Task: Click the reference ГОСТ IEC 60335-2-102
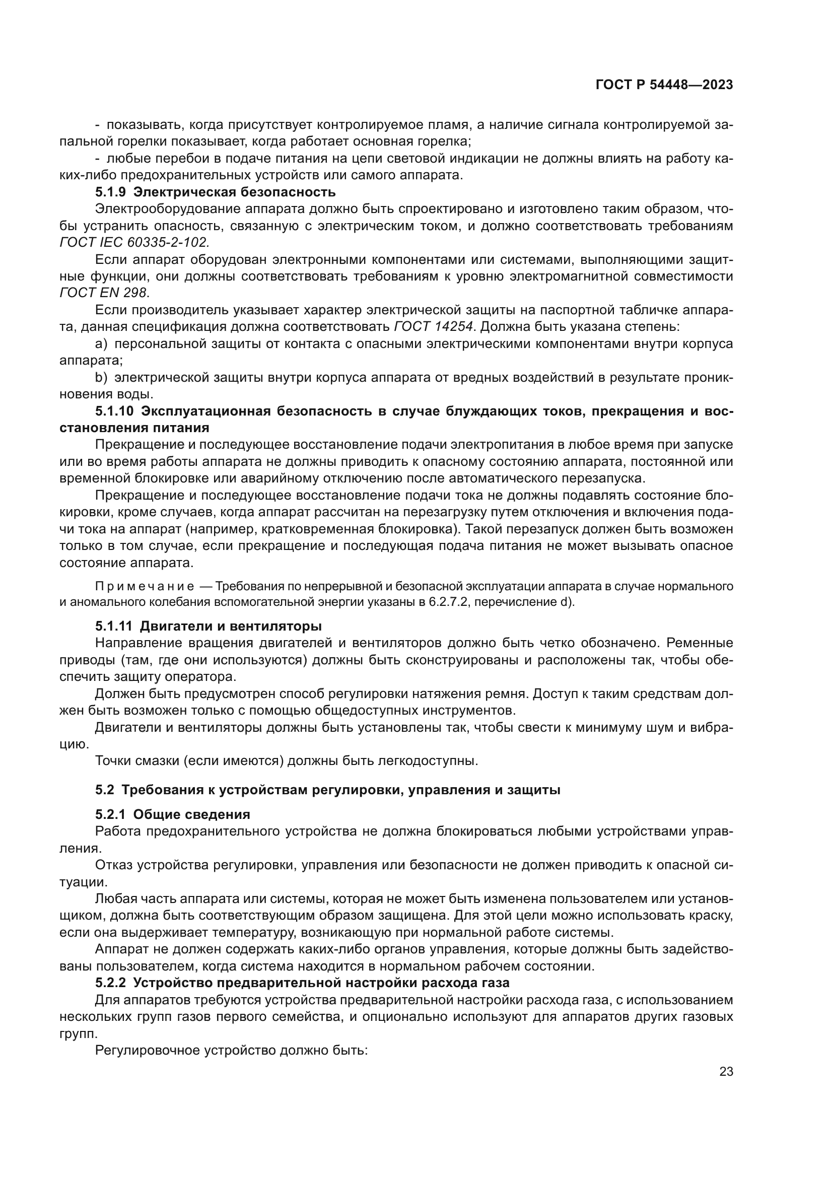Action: pos(134,243)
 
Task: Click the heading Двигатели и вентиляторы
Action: pos(231,627)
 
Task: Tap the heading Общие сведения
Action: pos(195,815)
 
